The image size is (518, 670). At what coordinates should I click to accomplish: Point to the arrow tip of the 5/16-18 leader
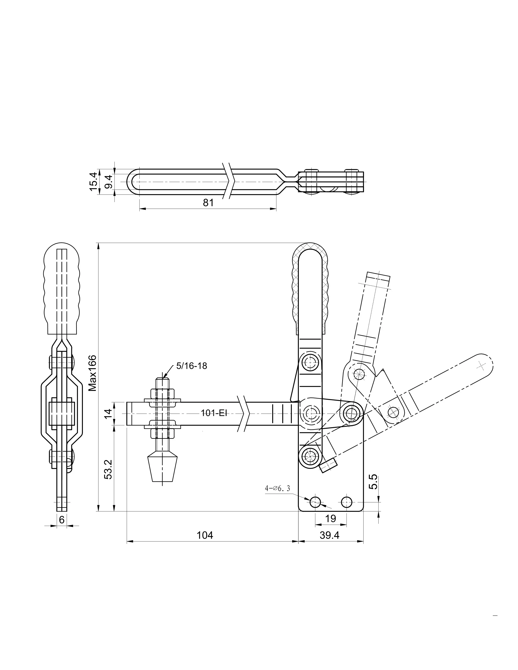click(x=164, y=378)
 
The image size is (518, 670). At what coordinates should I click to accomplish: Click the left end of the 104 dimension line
click(x=127, y=542)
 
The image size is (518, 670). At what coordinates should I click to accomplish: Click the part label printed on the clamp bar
click(x=214, y=413)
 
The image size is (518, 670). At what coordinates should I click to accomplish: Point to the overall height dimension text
click(x=92, y=373)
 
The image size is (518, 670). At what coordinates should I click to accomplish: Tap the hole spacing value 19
click(x=331, y=519)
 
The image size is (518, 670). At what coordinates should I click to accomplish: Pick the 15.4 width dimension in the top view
click(x=93, y=182)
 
